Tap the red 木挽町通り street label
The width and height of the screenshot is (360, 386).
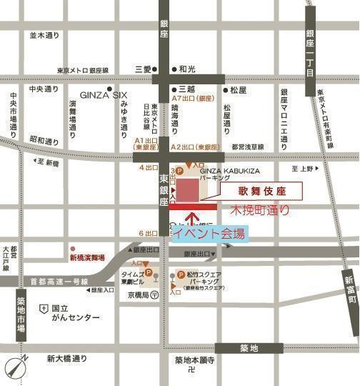[260, 211]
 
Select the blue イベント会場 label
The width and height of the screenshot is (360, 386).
[209, 234]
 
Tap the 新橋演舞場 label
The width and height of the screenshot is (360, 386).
[86, 257]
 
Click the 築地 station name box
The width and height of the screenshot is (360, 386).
[249, 348]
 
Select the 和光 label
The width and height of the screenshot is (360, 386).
[187, 69]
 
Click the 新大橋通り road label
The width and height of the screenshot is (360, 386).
[67, 358]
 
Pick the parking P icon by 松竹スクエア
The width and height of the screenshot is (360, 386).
[181, 274]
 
